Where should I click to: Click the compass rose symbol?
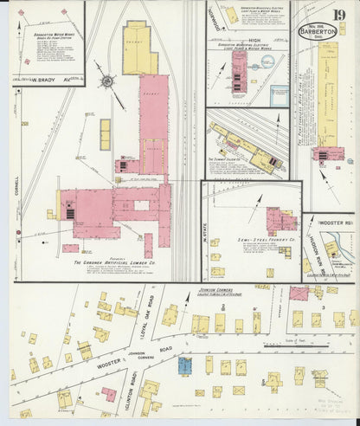tap(107, 82)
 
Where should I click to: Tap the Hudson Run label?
tap(311, 251)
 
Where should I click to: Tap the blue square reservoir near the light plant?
tap(279, 95)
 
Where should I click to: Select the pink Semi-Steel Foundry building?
tap(280, 220)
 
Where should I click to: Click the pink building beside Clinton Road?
tap(109, 394)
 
